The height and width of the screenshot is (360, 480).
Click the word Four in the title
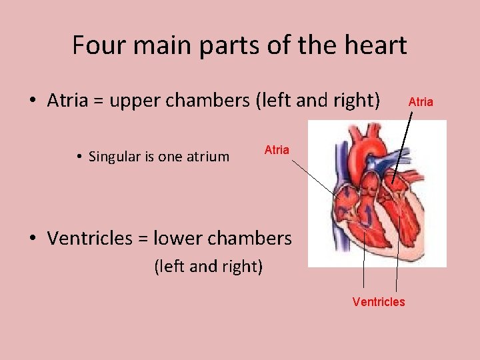pyautogui.click(x=94, y=46)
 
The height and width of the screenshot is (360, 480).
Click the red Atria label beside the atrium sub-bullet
pyautogui.click(x=277, y=150)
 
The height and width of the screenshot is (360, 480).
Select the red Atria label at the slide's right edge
pyautogui.click(x=421, y=102)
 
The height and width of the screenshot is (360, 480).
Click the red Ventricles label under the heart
pyautogui.click(x=379, y=302)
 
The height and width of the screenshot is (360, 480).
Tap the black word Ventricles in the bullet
pyautogui.click(x=90, y=238)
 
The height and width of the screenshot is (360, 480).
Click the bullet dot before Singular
pyautogui.click(x=79, y=158)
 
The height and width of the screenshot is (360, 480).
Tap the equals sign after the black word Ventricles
pyautogui.click(x=143, y=239)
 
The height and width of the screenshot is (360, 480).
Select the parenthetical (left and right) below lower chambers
pyautogui.click(x=209, y=267)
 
